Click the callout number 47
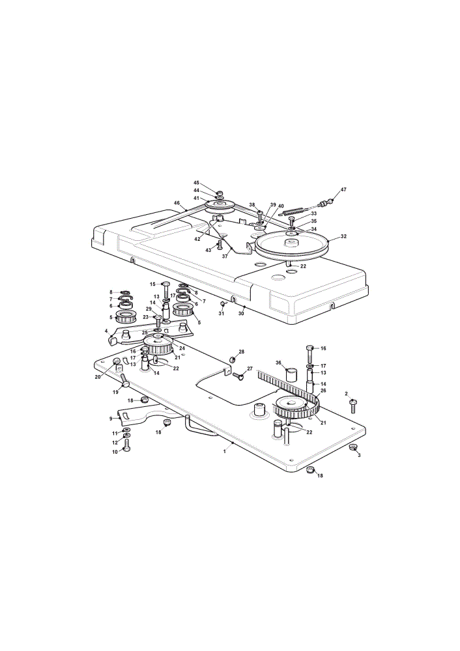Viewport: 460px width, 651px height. [343, 189]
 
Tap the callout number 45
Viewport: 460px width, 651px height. [197, 183]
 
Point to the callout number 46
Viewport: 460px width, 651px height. [177, 203]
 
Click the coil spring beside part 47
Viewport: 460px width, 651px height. [295, 211]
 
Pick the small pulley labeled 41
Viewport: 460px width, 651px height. [220, 206]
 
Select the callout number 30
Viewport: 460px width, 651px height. [241, 314]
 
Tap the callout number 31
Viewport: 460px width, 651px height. [221, 314]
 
